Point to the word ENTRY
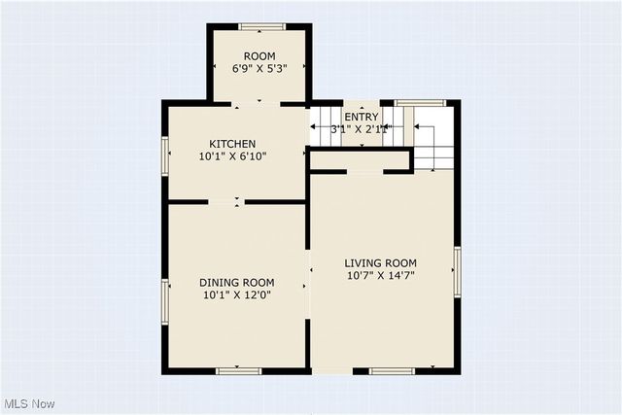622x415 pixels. pos(362,117)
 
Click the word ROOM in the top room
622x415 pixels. pos(259,56)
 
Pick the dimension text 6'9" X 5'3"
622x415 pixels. pos(259,69)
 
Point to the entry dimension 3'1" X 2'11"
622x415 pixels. pos(362,128)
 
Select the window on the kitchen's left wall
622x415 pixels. pos(165,155)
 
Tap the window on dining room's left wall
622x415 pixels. pos(165,300)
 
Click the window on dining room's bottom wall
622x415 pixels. pos(238,370)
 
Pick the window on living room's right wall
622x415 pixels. pos(457,269)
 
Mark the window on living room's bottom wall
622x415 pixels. pos(392,370)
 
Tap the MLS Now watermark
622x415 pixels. pos(30,403)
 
